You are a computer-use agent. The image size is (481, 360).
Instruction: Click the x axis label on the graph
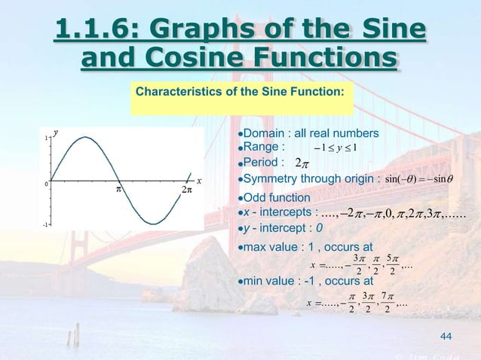click(x=199, y=181)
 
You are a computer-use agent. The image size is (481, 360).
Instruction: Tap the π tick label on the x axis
click(x=118, y=189)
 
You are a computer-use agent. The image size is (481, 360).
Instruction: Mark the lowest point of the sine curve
click(x=152, y=224)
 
